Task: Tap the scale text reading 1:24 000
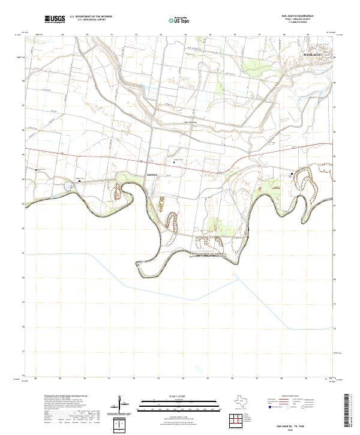pos(178,394)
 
